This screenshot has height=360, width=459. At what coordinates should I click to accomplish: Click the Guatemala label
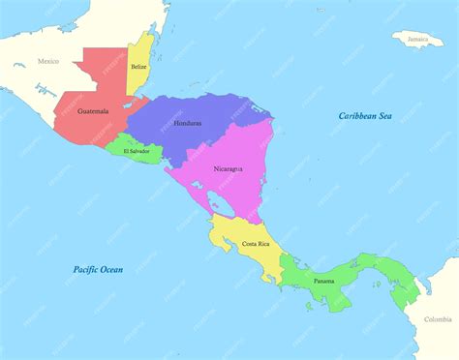click(x=93, y=111)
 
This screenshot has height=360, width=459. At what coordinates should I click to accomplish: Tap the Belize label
click(x=138, y=66)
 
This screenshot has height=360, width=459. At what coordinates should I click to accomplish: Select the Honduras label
click(x=188, y=124)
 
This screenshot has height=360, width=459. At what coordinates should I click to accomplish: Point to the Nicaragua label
click(x=228, y=168)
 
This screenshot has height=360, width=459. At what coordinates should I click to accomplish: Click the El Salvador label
click(x=130, y=151)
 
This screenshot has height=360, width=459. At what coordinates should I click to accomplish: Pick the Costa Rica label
click(x=256, y=244)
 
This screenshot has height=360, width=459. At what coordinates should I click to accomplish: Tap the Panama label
click(x=324, y=281)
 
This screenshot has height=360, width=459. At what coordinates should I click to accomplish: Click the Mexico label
click(x=48, y=61)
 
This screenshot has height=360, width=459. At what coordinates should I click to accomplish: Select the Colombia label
click(x=438, y=319)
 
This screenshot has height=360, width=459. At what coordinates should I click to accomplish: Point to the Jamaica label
click(x=417, y=40)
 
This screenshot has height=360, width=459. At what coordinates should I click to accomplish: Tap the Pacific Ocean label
click(x=99, y=268)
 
